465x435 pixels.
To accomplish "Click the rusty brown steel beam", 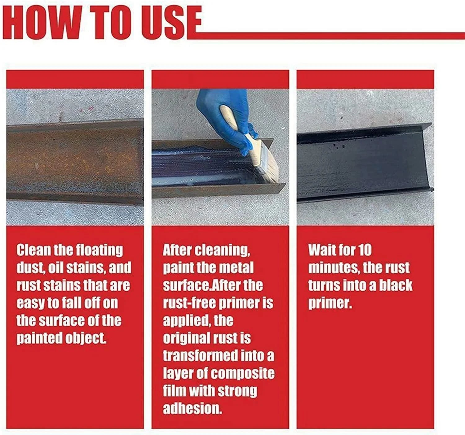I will [74, 161].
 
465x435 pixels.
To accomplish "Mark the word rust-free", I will [189, 303].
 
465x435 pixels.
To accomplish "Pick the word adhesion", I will [192, 409].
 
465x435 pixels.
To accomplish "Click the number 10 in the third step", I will [365, 250].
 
